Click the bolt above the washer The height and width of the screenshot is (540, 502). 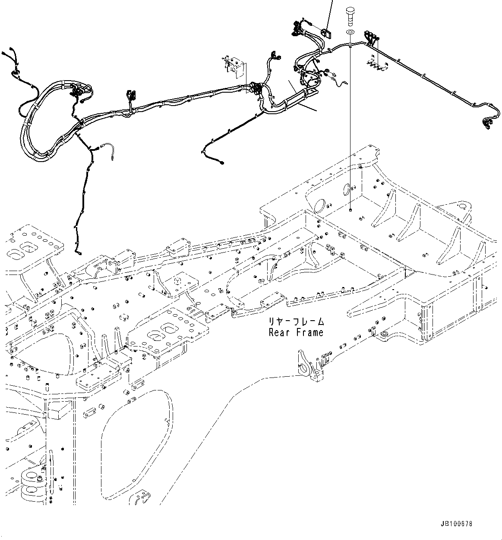coord(350,16)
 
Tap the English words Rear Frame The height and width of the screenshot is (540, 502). coord(296,332)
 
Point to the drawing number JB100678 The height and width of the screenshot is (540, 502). coord(457,524)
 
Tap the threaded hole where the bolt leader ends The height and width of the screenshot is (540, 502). coord(350,210)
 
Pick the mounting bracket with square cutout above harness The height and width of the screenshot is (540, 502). coord(234,66)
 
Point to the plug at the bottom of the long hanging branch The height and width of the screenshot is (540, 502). coord(78,253)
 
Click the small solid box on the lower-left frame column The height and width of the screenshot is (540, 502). coord(59,412)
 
